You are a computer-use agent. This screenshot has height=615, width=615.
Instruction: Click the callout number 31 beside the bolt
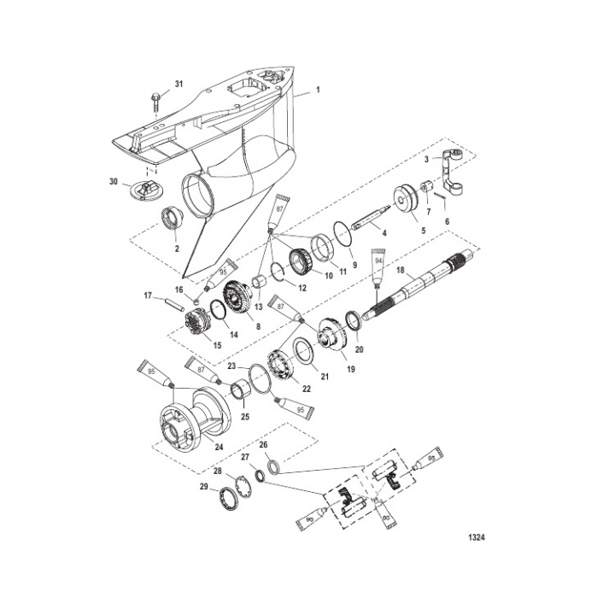179,83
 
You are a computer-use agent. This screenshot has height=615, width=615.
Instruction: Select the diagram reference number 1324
478,539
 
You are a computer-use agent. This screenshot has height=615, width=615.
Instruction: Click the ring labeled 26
272,466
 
